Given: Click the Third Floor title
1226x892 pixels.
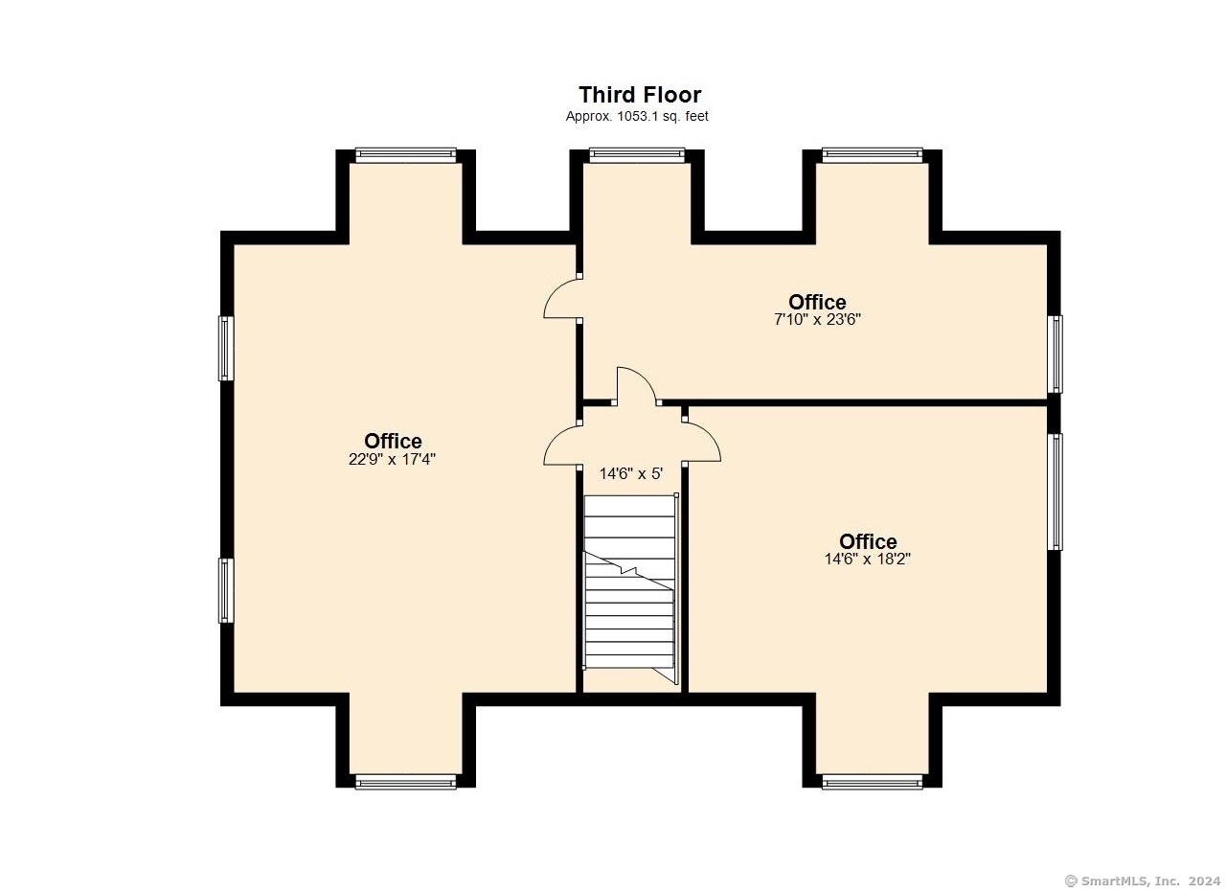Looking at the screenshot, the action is (640, 95).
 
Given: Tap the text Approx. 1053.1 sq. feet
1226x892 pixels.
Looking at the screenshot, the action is (637, 116).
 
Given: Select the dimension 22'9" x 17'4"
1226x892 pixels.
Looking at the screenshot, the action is (392, 459).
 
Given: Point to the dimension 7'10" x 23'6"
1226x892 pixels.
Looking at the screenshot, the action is (817, 319).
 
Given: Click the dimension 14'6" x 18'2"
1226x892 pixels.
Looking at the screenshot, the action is (868, 560).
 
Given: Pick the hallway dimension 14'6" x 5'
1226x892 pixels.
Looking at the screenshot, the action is (631, 473).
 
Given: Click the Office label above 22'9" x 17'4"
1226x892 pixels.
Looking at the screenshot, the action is (393, 441).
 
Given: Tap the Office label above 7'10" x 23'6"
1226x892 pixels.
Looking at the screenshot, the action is (817, 302).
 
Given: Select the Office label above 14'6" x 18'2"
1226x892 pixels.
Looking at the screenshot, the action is (868, 541).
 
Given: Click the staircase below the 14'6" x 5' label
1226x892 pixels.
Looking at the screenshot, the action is (631, 588).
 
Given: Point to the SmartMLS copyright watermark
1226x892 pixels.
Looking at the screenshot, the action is (1143, 881).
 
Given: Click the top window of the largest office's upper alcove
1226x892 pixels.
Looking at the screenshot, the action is (405, 155).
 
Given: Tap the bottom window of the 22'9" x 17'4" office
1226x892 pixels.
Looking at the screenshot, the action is (405, 782).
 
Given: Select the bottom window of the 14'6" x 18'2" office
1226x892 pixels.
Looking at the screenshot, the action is (873, 782).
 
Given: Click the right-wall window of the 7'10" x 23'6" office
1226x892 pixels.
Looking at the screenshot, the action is (1056, 355).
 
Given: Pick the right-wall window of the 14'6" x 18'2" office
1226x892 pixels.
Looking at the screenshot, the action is (1056, 492).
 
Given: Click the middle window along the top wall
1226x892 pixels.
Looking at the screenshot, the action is (637, 155).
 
